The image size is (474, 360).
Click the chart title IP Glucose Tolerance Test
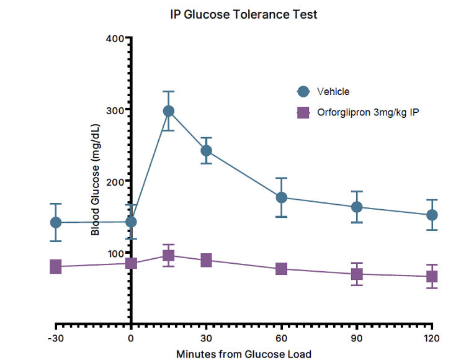point(244,14)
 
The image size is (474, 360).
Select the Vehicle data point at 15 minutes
point(169,111)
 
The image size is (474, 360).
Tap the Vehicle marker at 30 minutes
point(206,150)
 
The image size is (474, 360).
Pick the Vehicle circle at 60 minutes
point(282,197)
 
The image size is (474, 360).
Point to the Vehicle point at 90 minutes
point(357,207)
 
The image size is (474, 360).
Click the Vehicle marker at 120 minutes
point(432,215)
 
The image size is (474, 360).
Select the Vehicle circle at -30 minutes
point(56,222)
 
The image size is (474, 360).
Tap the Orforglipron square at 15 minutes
point(169,255)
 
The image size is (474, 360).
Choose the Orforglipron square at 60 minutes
point(282,269)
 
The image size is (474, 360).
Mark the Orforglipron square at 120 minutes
point(432,277)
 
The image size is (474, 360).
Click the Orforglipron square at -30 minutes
point(56,266)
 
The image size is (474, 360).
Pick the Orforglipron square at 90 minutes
point(357,274)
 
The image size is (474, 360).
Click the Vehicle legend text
point(333,91)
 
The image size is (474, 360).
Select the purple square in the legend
point(303,113)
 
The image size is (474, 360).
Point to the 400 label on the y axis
point(116,38)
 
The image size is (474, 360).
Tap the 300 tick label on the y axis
point(116,110)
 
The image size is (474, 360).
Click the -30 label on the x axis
point(55,338)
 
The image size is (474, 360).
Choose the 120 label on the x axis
point(432,338)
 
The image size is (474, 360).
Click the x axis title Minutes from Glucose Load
point(244,354)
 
